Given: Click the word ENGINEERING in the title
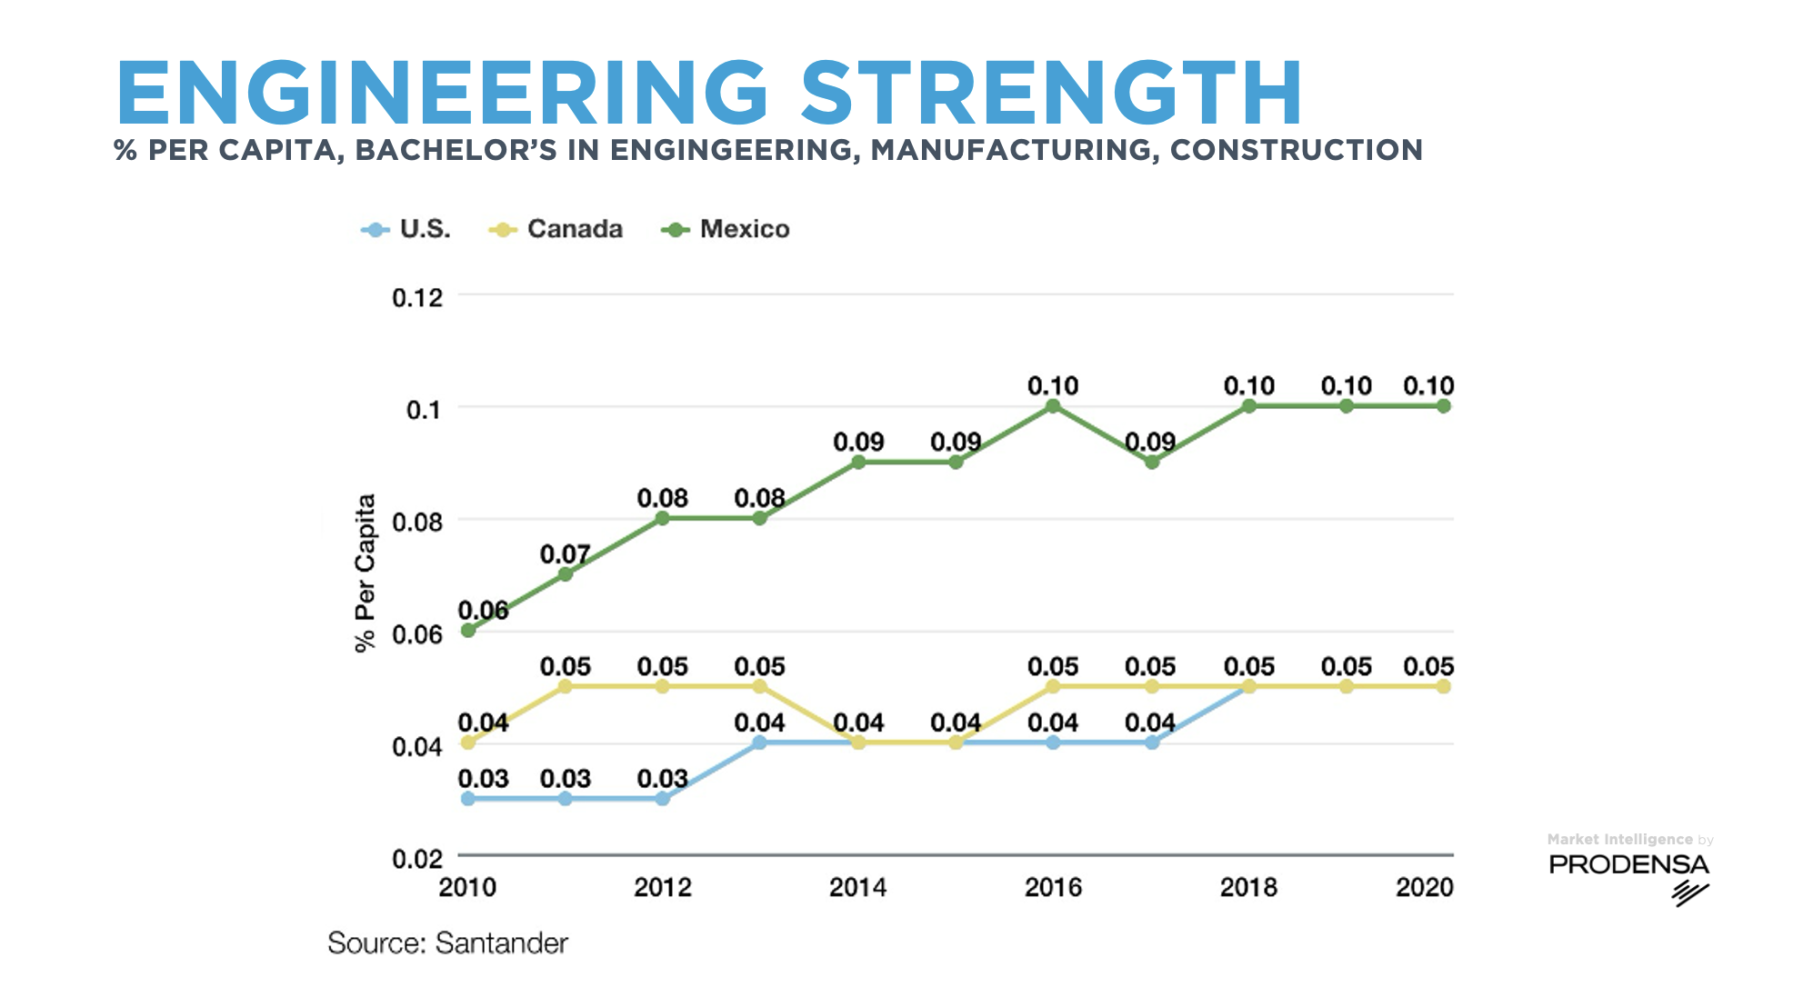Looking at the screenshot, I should point(443,93).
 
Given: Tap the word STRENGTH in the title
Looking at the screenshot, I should point(1052,93).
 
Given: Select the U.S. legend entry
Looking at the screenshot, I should point(406,229).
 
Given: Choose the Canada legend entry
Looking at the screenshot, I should point(556,229).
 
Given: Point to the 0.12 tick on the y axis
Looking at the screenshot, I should point(417,297).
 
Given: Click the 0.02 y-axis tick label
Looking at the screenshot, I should point(417,858).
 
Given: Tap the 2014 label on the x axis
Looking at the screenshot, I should point(857,887).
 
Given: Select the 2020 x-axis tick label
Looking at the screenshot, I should point(1425,887).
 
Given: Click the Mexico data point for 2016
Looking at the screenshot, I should point(1053,406).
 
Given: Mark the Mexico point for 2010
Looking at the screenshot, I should point(468,630).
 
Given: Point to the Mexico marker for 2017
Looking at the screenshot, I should point(1152,462).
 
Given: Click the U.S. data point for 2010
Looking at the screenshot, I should point(468,799).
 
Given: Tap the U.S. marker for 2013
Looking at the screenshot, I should point(760,743).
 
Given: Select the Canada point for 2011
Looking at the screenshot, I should point(566,686).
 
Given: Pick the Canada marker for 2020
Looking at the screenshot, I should point(1444,686).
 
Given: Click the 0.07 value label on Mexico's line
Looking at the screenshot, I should point(565,553).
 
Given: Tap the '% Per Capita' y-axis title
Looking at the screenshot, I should point(365,573).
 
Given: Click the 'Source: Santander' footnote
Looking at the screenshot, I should point(447,943).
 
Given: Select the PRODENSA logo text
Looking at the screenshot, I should point(1628,864).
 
